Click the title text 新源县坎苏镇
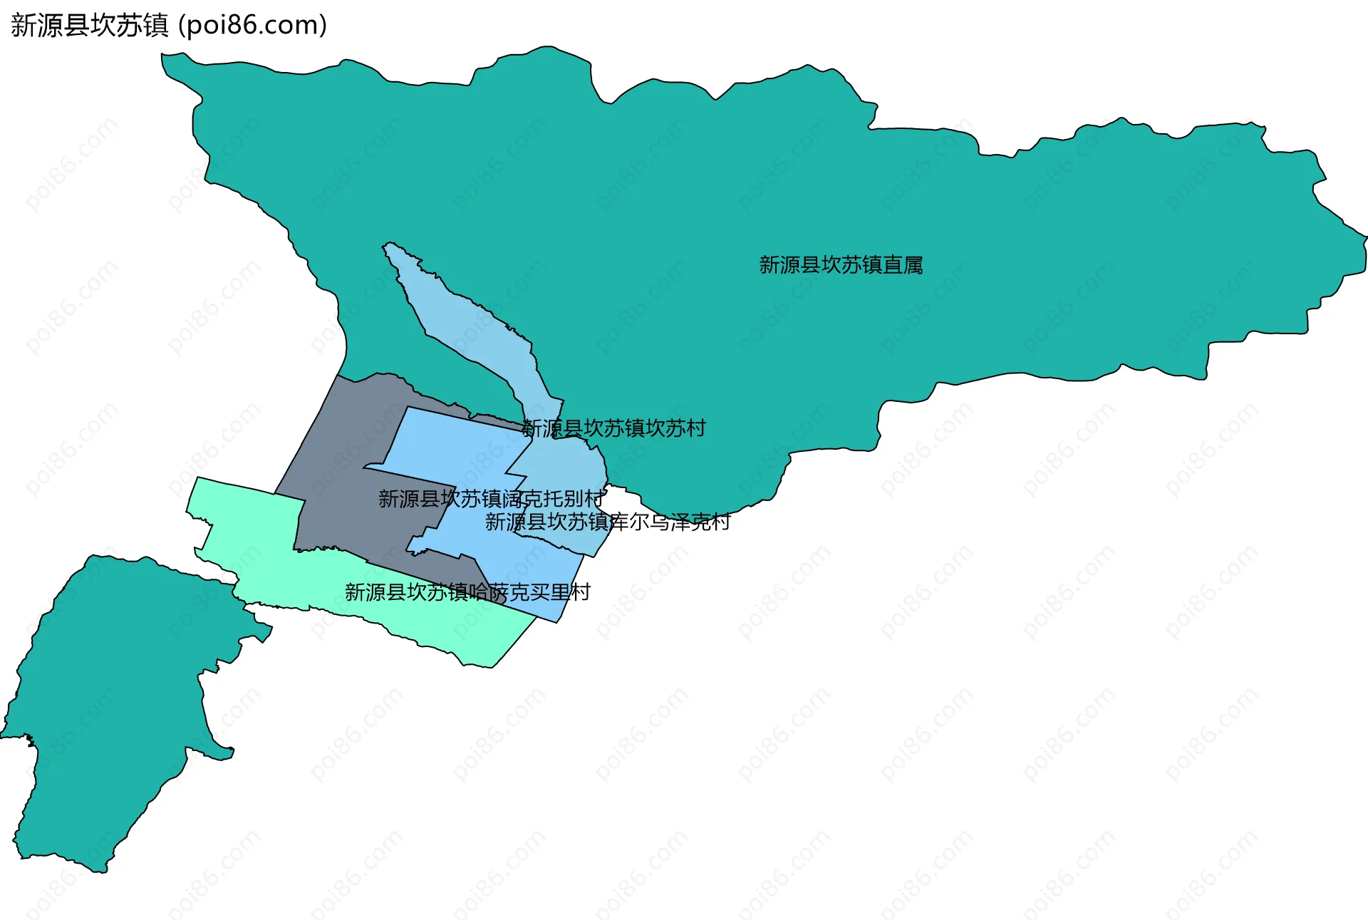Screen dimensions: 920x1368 pos(89,26)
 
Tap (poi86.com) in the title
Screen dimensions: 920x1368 pos(252,26)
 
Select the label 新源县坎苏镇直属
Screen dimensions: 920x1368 pos(841,265)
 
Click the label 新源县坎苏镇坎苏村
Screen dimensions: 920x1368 pos(613,428)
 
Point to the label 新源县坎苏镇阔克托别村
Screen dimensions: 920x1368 pos(491,499)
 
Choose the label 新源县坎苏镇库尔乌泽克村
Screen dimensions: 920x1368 pos(607,522)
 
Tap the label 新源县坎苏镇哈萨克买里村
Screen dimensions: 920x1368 pos(467,592)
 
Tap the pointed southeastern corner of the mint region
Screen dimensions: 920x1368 pos(493,667)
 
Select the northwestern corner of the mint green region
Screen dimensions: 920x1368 pos(198,478)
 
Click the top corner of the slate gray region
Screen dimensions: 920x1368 pos(339,376)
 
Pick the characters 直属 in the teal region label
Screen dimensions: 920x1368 pos(903,265)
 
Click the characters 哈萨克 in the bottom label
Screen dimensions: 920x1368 pos(499,592)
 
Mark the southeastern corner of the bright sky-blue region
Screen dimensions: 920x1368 pos(556,621)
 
